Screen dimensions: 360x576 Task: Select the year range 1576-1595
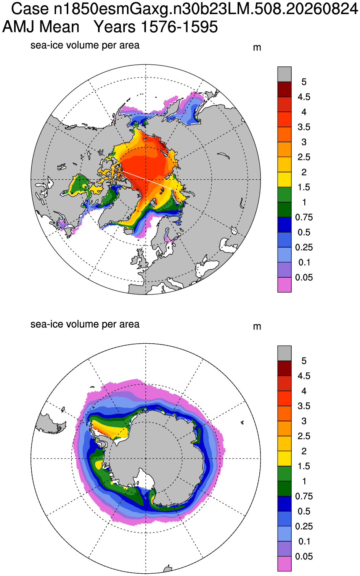[180, 27]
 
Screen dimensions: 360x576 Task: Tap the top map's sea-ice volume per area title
[85, 45]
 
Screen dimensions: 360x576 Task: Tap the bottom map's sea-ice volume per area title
[85, 324]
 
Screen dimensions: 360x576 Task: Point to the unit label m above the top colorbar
[257, 48]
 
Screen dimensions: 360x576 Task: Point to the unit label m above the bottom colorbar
[257, 327]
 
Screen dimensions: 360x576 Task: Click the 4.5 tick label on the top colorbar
[304, 97]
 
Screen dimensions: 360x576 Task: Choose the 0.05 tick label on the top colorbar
[304, 277]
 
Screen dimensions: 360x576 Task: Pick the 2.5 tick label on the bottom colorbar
[304, 436]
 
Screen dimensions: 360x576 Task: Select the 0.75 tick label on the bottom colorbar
[304, 496]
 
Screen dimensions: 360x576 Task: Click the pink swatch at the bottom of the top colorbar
[284, 285]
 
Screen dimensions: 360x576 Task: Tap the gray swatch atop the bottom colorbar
[284, 353]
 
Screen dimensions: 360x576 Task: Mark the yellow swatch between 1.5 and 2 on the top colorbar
[284, 180]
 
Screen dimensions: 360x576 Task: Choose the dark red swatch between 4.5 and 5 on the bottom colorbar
[284, 368]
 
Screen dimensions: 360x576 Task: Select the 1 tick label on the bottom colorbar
[304, 481]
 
